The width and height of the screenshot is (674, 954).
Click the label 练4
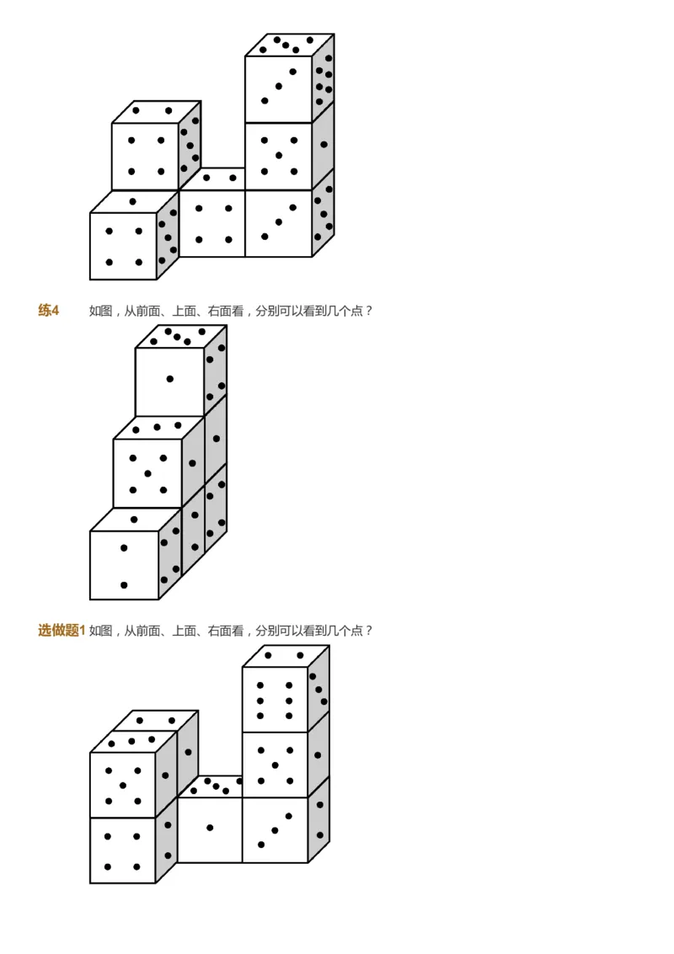tap(49, 311)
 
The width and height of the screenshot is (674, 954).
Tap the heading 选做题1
tap(62, 630)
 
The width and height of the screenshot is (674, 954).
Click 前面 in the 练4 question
tap(147, 311)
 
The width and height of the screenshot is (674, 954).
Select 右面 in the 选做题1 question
tap(220, 630)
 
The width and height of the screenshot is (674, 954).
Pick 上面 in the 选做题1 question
tap(185, 630)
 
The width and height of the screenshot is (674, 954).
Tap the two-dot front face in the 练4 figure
tap(124, 565)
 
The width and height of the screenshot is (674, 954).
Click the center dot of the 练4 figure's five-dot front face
tap(147, 473)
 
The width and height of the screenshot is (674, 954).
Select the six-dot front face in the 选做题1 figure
tap(275, 699)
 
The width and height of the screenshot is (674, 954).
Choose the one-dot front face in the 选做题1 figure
tap(210, 829)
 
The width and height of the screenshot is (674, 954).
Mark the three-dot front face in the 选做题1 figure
tap(275, 829)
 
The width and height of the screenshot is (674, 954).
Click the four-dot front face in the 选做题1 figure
tap(122, 850)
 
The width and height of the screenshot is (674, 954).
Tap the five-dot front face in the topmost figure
tap(279, 156)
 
